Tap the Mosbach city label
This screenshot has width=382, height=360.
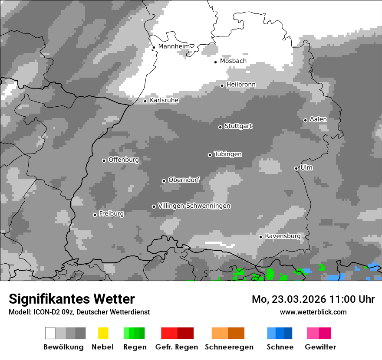(233, 61)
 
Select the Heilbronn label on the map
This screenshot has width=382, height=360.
(241, 85)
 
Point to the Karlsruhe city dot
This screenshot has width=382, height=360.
(145, 101)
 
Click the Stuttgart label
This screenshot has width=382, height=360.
(238, 126)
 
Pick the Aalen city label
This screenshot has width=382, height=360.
(318, 119)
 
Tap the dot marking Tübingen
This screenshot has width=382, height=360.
(210, 155)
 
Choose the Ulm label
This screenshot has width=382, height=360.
(306, 167)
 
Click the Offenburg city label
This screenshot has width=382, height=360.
(124, 160)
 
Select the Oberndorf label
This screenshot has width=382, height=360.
(184, 180)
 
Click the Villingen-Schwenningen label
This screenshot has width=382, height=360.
(194, 206)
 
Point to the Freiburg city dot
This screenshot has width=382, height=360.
(95, 215)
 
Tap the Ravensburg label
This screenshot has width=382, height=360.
(283, 236)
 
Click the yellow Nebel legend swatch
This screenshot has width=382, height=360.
(103, 333)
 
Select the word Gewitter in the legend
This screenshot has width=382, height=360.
(320, 347)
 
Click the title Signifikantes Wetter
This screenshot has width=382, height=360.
(72, 299)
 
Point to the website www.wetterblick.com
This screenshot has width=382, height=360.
(313, 312)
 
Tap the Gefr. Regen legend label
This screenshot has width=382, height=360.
(177, 347)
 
